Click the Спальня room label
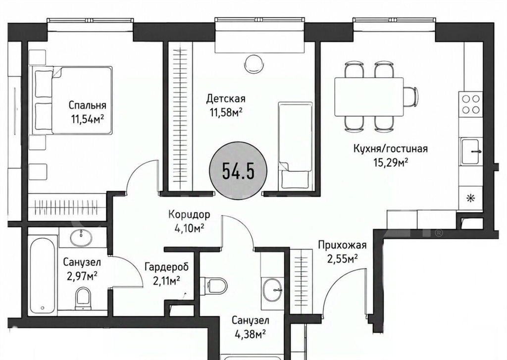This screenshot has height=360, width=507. click(x=87, y=105)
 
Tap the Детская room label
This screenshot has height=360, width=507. click(x=226, y=99)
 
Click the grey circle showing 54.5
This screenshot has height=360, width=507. click(x=239, y=171)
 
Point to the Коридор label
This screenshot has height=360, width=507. click(x=189, y=214)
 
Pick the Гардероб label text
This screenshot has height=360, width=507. click(x=166, y=267)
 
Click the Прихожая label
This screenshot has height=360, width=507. click(x=343, y=245)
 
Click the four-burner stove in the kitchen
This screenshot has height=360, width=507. click(x=470, y=104)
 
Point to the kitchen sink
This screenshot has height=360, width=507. click(x=470, y=152)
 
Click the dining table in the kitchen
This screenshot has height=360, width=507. click(x=369, y=97)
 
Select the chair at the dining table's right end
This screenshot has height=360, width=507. click(x=410, y=97)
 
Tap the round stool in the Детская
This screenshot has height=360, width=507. click(x=254, y=63)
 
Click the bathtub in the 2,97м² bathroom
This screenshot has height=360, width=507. click(x=42, y=274)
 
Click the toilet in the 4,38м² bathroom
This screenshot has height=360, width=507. click(x=214, y=286)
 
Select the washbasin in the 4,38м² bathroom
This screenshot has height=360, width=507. click(x=272, y=290)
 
